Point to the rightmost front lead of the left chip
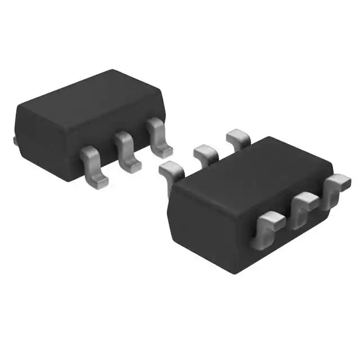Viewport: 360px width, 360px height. point(159,137)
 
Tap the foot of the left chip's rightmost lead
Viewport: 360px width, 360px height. point(164,150)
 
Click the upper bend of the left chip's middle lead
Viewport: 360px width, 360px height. point(123,138)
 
